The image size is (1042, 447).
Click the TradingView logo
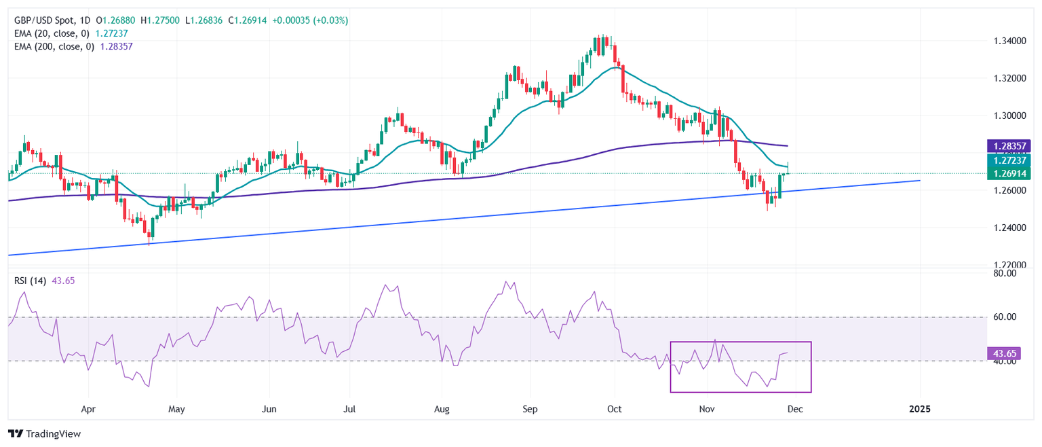pos(44,433)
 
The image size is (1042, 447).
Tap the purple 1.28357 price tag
pos(1010,146)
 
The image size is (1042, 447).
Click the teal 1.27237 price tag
pos(1010,160)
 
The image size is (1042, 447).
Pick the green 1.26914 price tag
pos(1010,173)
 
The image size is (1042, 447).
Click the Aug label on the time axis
pos(442,410)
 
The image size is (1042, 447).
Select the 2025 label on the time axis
pos(920,410)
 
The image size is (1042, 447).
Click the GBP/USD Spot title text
pos(40,20)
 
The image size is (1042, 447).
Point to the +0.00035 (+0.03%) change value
pos(310,20)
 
